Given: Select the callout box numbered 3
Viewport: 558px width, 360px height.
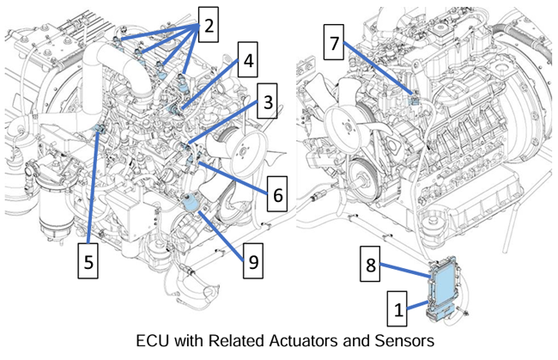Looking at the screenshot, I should (269, 106).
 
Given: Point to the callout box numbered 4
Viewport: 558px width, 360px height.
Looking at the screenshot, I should (248, 62).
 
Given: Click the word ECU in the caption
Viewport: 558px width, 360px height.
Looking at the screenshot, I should (154, 340).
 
